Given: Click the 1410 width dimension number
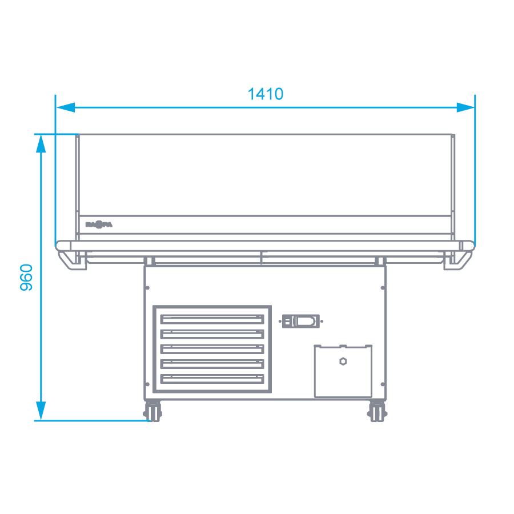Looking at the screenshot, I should pos(266,94).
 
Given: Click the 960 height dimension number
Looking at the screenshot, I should pos(27,277).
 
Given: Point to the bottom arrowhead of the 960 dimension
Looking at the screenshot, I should pos(41,411).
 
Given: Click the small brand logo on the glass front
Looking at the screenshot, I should pos(99,225).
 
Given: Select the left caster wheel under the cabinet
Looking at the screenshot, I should pos(152,412).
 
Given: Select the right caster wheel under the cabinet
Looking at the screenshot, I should pos(377,412).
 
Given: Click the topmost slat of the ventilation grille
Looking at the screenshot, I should pos(212,319).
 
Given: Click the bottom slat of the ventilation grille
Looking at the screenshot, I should pos(212,379).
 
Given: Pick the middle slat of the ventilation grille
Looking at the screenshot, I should pos(212,348).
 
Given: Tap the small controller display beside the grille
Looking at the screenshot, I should pos(302,321).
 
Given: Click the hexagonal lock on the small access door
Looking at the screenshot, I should pos(343,361).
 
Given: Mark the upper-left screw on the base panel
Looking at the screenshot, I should pos(147,287).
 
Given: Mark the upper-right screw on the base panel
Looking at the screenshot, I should pos(383,287).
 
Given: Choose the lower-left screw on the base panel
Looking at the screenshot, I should pos(147,384).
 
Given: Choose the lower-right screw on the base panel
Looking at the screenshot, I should pos(383,384).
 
